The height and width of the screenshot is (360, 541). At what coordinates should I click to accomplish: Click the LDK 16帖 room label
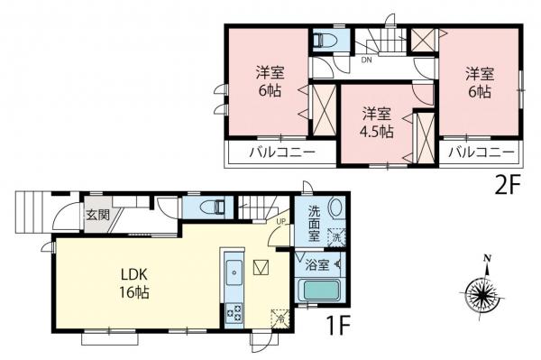tap(131, 282)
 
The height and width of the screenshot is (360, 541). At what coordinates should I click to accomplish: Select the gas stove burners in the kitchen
tap(233, 312)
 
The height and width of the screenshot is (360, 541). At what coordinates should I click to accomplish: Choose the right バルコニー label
tap(481, 152)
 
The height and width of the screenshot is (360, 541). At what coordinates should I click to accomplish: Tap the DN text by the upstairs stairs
tap(367, 61)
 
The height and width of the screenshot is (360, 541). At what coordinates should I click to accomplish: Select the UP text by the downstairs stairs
tap(281, 222)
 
